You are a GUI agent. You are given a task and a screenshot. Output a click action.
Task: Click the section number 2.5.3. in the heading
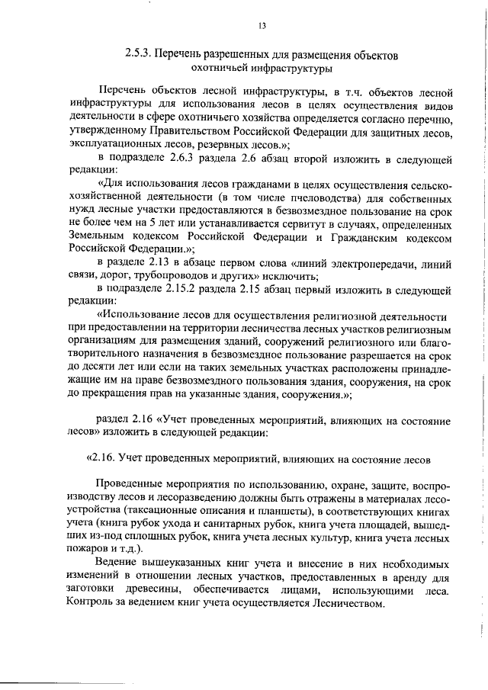[140, 56]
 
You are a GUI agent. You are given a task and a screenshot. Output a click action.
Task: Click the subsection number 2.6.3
[178, 167]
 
